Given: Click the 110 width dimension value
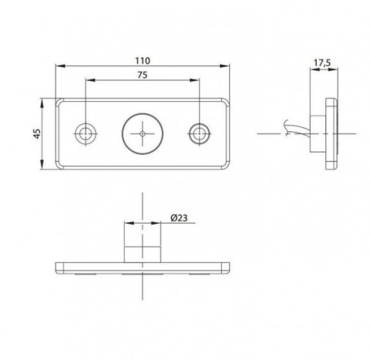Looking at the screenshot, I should (143, 60).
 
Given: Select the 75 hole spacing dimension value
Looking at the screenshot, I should (143, 76).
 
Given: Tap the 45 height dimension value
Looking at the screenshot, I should (36, 135).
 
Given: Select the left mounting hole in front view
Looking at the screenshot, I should (85, 133).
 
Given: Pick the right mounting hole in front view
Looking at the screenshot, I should (200, 133).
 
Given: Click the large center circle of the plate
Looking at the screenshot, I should (143, 133).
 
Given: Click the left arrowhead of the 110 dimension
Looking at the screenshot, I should (59, 67).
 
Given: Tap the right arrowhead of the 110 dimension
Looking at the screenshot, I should (228, 67).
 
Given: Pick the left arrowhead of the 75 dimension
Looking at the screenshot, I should (87, 81).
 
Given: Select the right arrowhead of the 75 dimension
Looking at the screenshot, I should (198, 81).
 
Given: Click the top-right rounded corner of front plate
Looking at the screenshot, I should (227, 100).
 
